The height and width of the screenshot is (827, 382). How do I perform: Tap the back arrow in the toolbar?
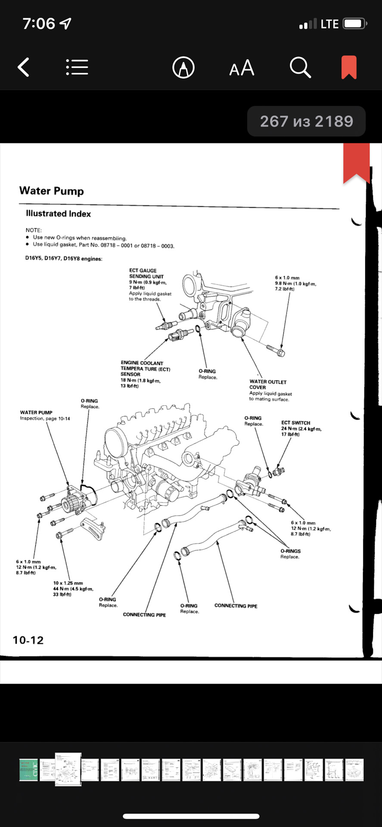coord(24,68)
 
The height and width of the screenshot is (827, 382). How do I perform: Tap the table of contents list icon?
coord(77,68)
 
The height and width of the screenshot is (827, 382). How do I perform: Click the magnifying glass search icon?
coord(300,68)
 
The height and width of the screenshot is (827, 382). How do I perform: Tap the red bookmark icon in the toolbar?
coord(349,67)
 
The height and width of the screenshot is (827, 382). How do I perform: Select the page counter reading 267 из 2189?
coord(306,121)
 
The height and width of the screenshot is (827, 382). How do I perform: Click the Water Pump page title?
coord(52,191)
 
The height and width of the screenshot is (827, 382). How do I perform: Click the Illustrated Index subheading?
coord(59,214)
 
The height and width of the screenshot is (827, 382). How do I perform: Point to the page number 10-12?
coord(28,640)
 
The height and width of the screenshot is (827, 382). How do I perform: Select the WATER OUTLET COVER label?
coord(267,384)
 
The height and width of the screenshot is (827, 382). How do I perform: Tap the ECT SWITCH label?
coord(295,423)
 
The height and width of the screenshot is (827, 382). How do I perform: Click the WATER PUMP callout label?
coord(36,413)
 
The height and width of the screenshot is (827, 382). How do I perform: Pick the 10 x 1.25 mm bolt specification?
coord(68,583)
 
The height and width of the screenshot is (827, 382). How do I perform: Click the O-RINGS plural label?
coord(291,551)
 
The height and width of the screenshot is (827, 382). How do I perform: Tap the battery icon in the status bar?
coord(354,24)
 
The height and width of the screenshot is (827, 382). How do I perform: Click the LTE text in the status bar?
coord(329,24)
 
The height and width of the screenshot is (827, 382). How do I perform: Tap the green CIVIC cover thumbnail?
coord(28,770)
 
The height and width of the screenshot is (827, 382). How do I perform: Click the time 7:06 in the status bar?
coord(39,24)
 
